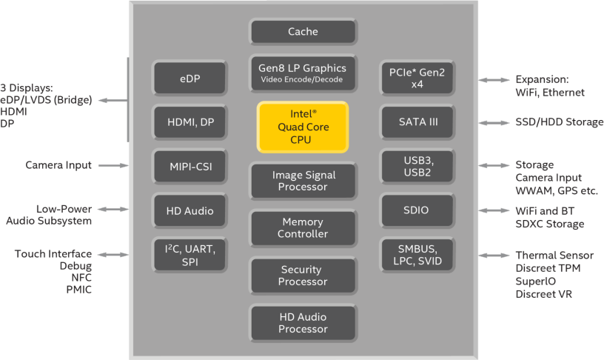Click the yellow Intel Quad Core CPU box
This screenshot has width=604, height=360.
[303, 127]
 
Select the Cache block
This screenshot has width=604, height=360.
[303, 32]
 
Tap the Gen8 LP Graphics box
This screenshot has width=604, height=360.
[303, 73]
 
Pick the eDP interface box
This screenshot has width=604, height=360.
[189, 78]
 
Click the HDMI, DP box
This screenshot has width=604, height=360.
[189, 122]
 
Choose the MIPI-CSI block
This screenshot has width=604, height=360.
[189, 167]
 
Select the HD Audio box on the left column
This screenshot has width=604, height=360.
[189, 211]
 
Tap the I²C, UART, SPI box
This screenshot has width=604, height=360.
[189, 256]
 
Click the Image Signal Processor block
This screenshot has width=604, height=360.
[303, 181]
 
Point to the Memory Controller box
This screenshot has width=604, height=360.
[303, 228]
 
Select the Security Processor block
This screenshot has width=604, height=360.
[303, 276]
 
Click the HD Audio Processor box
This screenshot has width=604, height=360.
[303, 323]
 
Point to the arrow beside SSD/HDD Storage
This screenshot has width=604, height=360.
[494, 122]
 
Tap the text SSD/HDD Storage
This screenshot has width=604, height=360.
[559, 122]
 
